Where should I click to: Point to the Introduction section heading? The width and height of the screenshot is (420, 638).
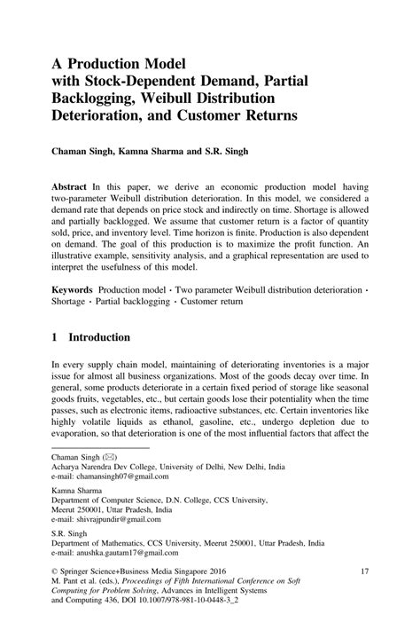(x=99, y=337)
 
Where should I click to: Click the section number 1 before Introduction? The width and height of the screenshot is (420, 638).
(x=54, y=337)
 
